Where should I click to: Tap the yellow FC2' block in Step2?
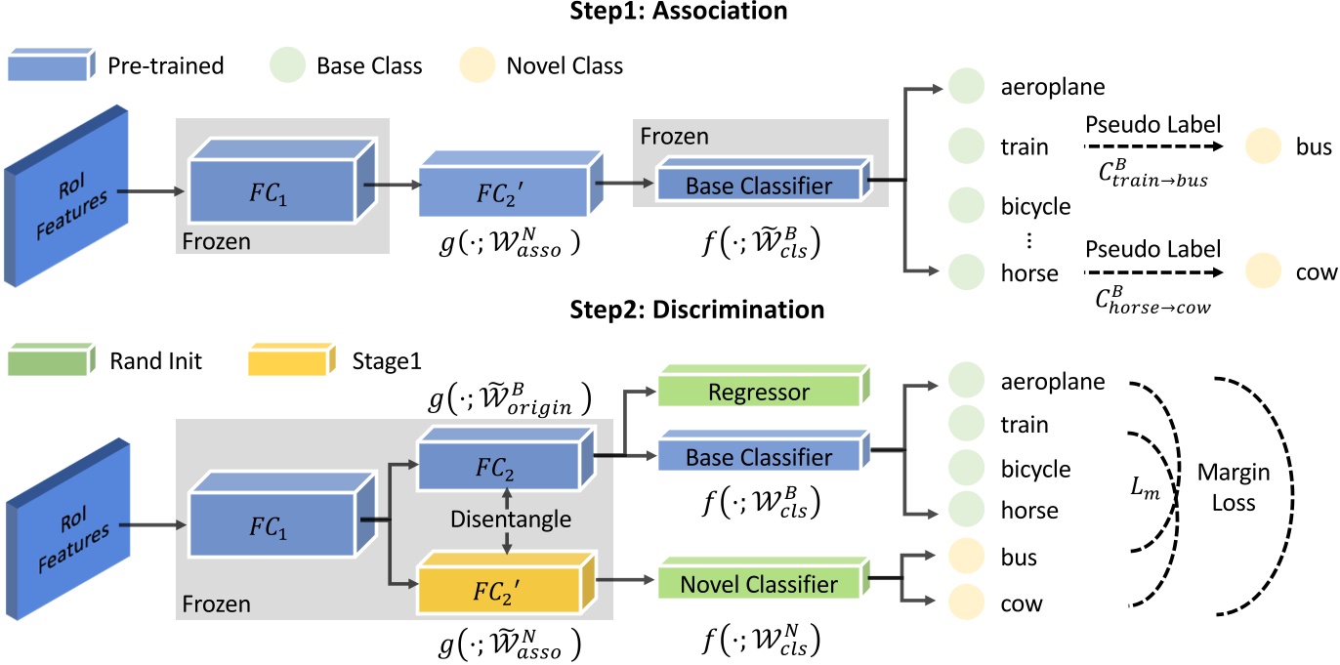point(505,591)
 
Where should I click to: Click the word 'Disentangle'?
point(511,519)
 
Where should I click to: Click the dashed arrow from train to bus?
point(1146,147)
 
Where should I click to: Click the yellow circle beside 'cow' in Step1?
point(1263,272)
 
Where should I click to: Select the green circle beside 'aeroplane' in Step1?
point(964,86)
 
